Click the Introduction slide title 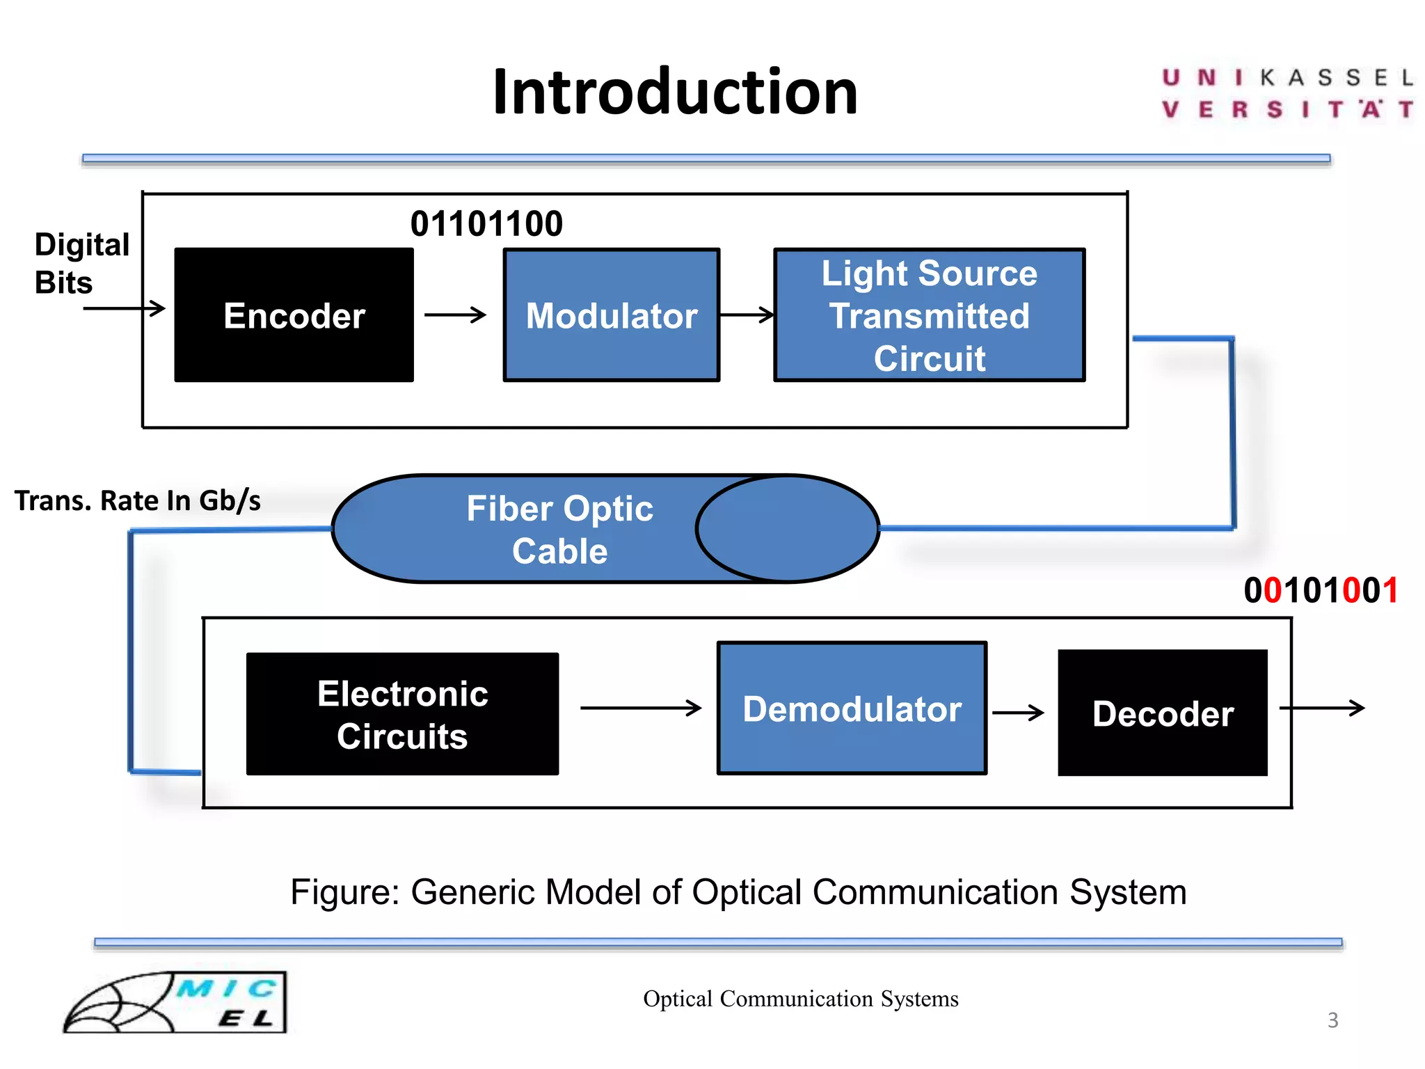point(675,93)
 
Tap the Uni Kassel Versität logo point(1287,93)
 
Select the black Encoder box point(294,315)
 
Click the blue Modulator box point(611,315)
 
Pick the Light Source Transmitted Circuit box point(929,315)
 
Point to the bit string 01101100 point(486,224)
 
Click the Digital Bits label point(81,263)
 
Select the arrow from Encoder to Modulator point(455,315)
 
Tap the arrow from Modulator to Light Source point(747,315)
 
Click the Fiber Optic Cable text point(559,529)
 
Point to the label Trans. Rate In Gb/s point(138,500)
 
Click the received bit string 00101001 point(1321,591)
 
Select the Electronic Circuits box point(402,714)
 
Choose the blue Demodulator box point(852,708)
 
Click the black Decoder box point(1162,713)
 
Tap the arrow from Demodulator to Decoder point(1018,712)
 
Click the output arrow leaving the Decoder point(1322,708)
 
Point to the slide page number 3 point(1332,1020)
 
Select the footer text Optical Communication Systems point(800,999)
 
